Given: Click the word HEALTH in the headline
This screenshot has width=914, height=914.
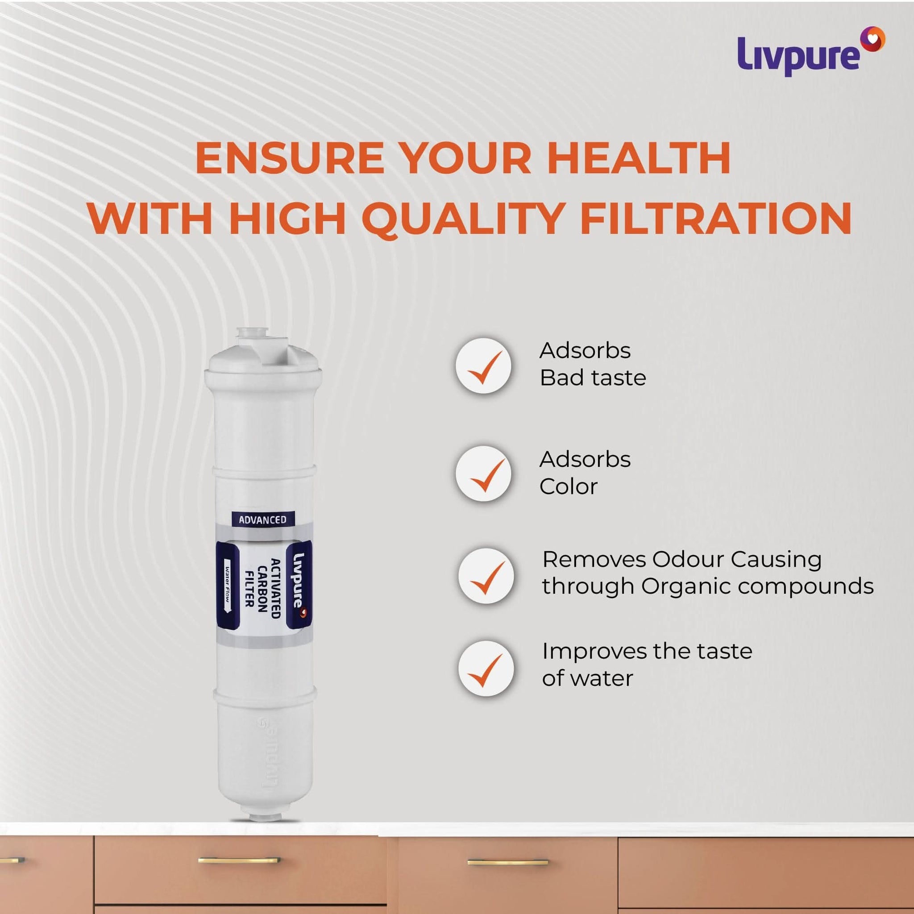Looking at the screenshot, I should pos(639,158).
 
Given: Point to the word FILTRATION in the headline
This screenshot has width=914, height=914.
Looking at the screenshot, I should pos(715,219).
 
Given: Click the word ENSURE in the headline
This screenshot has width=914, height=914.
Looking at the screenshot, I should pos(290,158).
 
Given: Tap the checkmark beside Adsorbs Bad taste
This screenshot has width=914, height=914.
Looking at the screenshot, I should pos(483,366).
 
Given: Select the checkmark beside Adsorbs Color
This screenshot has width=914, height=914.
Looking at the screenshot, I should pos(483,474).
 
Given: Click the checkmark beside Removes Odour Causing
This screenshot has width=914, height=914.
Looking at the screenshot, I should pos(486,577).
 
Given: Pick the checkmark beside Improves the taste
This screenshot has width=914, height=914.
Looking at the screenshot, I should pos(486,669).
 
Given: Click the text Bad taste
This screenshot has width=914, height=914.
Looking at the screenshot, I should pos(593,378).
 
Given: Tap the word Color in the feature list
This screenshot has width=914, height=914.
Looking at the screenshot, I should pos(568,487).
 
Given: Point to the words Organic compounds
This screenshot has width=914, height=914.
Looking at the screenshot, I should pos(757,586).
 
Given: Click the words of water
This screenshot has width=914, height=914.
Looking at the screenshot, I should pos(587,679).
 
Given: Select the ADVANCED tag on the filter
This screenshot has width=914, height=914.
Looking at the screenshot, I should pos(262,519).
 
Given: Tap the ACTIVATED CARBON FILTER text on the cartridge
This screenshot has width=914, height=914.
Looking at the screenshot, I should pos(262,589).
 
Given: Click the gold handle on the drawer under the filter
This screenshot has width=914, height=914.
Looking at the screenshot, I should pos(239,860).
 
